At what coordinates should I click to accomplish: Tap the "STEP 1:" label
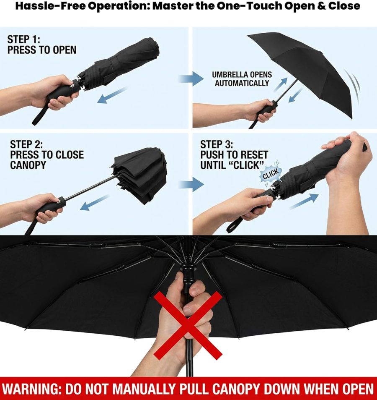click(23, 40)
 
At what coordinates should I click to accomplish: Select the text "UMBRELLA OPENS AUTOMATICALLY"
click(242, 79)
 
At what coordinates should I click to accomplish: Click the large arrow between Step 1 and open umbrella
click(191, 78)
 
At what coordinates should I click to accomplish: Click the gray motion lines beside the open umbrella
click(352, 82)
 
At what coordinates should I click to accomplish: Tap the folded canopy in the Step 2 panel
click(140, 172)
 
